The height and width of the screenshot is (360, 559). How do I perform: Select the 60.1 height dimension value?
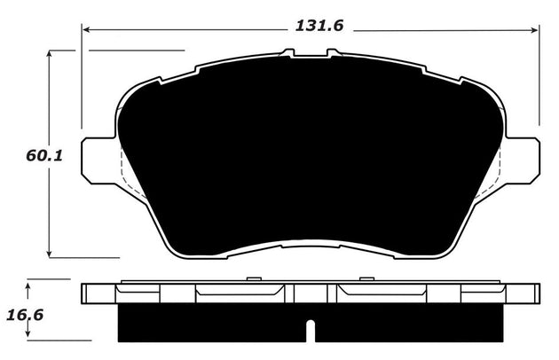pos(43,156)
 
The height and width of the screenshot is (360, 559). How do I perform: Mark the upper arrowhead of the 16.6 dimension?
pos(29,284)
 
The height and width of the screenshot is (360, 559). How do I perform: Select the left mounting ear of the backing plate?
pos(99,161)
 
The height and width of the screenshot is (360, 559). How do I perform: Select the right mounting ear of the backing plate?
pos(523,161)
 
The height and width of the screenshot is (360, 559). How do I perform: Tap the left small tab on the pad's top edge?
pos(287,53)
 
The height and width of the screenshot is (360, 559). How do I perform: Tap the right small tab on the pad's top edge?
pos(334,53)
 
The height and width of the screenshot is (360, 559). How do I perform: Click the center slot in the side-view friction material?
pos(311,330)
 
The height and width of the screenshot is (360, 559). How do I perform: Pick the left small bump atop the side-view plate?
pos(253,280)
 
